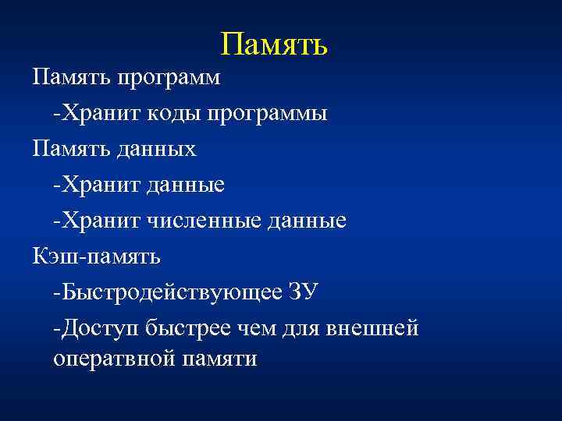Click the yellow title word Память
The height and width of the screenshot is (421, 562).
coord(273,45)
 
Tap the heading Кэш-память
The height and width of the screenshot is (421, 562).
coord(96,256)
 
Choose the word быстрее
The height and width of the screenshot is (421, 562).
coord(192,328)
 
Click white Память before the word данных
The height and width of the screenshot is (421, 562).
coord(69,149)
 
